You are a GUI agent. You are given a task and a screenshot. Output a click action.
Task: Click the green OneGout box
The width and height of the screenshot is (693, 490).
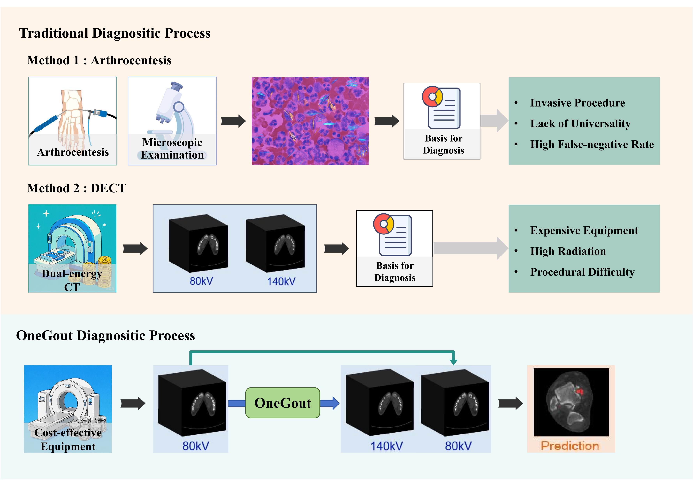pos(283,403)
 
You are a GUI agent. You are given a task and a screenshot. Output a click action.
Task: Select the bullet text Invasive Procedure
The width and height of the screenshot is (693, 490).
pos(577,103)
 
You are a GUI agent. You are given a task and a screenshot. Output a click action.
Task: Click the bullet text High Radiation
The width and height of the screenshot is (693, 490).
pos(568,251)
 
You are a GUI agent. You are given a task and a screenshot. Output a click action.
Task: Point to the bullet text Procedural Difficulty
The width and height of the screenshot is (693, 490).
pos(583,272)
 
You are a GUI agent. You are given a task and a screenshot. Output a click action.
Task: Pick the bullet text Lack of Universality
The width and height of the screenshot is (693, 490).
pos(580,124)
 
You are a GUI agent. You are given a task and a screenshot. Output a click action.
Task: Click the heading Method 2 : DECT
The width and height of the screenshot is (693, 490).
pos(76,188)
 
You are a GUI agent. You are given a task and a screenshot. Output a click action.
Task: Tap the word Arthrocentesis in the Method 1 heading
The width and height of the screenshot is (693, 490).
pos(131,60)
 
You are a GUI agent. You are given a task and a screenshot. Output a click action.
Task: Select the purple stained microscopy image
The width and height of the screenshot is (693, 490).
pos(310,121)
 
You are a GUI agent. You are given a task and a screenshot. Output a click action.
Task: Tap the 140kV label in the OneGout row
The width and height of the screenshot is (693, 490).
pos(386,446)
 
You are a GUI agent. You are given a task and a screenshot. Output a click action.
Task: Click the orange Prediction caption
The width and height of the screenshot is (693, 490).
pos(570,446)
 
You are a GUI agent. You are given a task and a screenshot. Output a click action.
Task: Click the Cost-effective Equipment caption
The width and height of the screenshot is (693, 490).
pos(68,440)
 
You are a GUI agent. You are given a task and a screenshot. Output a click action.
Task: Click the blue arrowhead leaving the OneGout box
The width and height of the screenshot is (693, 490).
pos(335,403)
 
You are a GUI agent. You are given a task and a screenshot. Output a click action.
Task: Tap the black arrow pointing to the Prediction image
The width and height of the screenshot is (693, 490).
pos(510,403)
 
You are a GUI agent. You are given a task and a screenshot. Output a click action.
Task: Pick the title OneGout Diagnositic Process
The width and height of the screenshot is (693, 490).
pos(105,336)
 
